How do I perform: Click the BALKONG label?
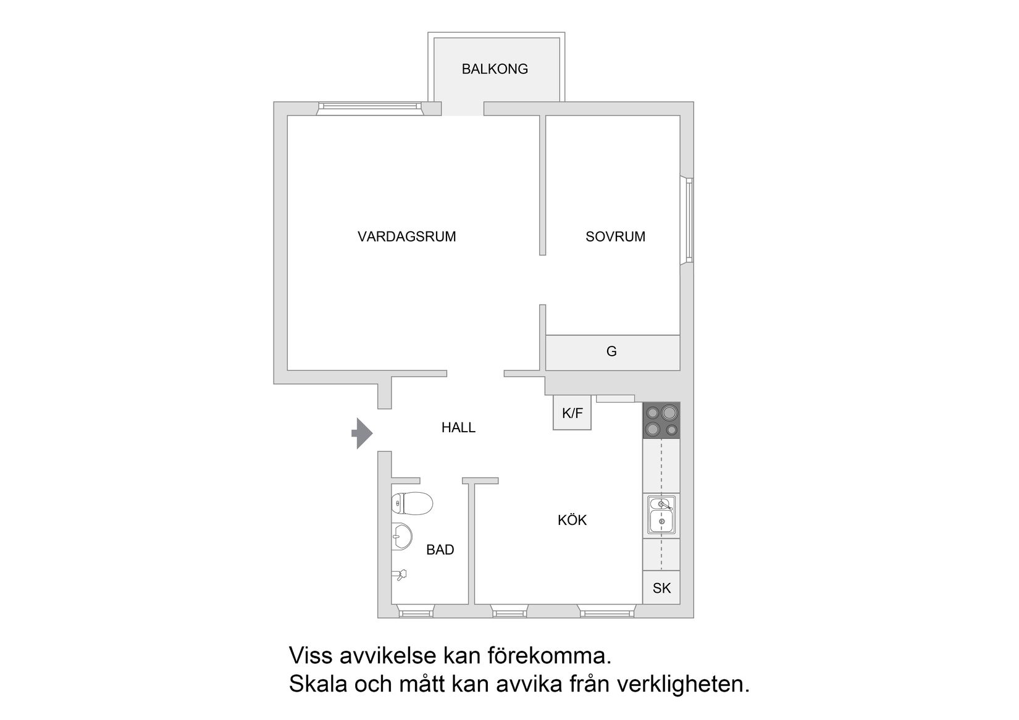point(495,69)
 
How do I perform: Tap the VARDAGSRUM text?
point(406,237)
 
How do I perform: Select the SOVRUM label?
point(615,237)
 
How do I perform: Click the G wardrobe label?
point(611,352)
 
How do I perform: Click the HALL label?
point(458,427)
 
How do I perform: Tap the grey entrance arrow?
point(363,433)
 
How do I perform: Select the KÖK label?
point(572,521)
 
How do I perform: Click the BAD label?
point(440,550)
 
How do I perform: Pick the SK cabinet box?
point(661,588)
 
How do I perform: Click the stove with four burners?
point(661,421)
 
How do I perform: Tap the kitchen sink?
point(661,514)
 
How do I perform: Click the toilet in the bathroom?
point(412,504)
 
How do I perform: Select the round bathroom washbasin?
point(401,536)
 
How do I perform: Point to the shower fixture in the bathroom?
point(400,575)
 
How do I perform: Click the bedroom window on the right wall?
point(687,220)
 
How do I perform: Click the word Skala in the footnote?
point(319,684)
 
